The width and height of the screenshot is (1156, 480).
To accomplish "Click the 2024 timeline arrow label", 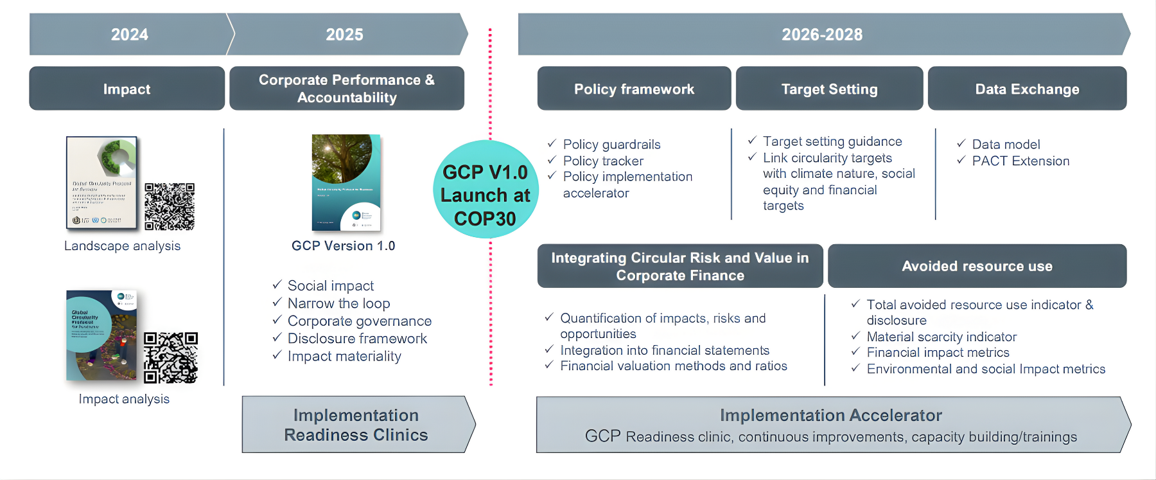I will [x=129, y=35].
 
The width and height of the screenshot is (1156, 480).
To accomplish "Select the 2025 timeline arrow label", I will [x=344, y=35].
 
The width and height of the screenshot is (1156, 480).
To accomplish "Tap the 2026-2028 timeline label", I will [x=821, y=35].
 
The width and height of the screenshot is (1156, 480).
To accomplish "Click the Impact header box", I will [x=127, y=89].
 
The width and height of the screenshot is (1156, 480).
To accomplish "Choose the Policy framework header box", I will [x=634, y=89].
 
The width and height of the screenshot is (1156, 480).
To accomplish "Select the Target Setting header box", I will [x=829, y=89].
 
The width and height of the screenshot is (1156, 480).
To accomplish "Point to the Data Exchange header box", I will [x=1026, y=89].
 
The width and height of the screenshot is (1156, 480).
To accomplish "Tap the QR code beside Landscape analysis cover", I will [x=170, y=206].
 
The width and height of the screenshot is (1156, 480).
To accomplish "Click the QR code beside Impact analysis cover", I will [x=170, y=357].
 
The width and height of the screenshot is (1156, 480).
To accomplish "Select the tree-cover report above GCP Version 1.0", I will [x=346, y=182].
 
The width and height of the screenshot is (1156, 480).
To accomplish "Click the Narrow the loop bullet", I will [x=338, y=303].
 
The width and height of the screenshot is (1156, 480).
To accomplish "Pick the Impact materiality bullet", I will [x=344, y=356].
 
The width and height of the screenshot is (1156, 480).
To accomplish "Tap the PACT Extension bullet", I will [x=1020, y=161].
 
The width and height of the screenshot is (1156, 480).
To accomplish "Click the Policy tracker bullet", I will [x=603, y=161].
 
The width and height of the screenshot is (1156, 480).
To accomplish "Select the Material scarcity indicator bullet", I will [x=941, y=337].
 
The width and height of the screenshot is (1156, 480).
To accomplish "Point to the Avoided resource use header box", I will [x=976, y=266].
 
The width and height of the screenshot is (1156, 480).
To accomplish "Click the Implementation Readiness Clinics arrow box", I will [x=356, y=425].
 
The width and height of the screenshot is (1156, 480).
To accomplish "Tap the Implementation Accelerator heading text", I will [x=830, y=416].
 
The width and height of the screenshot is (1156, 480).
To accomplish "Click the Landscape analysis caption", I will [x=123, y=246].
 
